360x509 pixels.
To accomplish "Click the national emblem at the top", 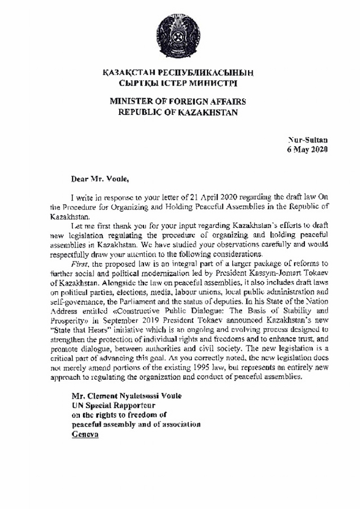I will [179, 35].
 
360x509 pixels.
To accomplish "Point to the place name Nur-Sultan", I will [308, 138].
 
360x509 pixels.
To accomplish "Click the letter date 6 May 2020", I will [306, 150].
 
